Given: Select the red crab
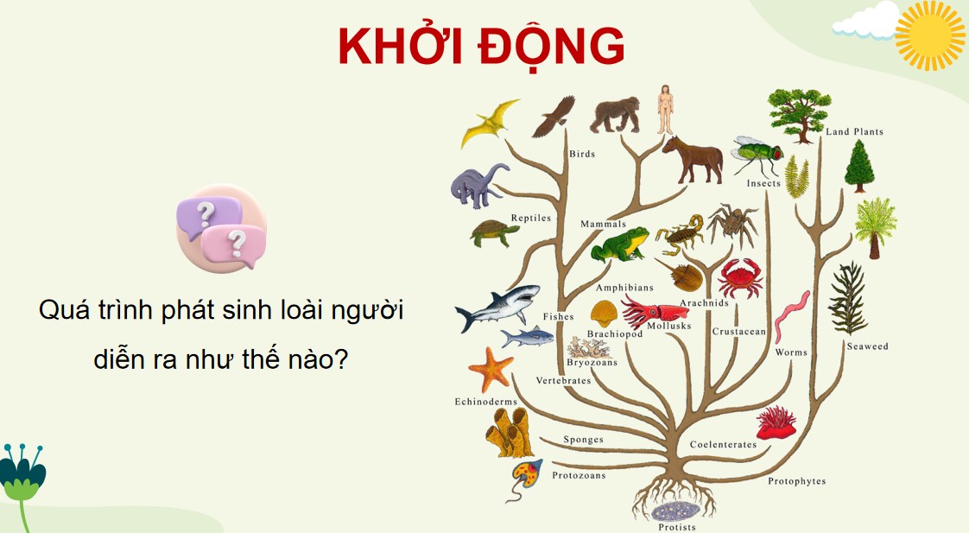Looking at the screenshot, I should [739, 277].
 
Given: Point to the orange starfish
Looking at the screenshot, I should [491, 368].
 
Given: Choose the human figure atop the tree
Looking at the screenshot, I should [664, 110].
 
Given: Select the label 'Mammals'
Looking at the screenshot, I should [603, 225].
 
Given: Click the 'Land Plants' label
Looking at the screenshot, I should [853, 132].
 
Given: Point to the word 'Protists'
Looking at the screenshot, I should [676, 527].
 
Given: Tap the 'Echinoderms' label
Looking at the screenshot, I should [485, 402].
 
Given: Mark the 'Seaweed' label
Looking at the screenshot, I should [866, 346].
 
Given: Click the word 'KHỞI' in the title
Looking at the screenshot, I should [400, 46].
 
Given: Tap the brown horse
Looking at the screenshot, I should [693, 159].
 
